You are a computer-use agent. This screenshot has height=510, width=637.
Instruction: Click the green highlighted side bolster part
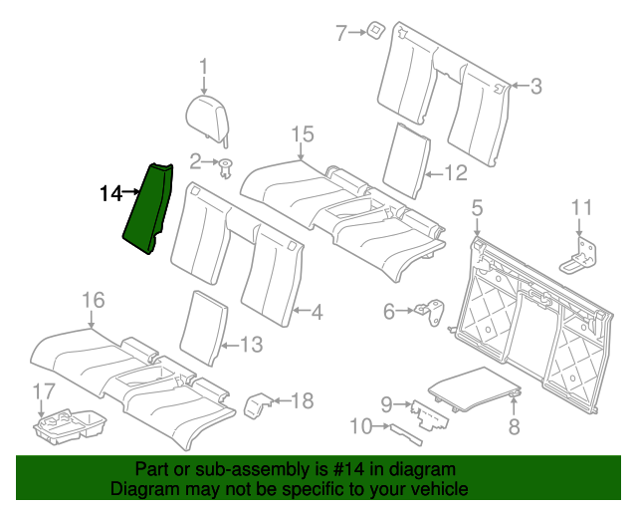147,209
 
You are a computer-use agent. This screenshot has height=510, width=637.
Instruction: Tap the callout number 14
109,192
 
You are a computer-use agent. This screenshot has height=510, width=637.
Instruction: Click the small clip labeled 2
225,165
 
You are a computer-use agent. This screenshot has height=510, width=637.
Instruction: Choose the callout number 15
302,133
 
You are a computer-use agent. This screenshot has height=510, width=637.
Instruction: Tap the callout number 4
317,313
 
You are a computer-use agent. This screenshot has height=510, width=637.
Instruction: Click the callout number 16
92,300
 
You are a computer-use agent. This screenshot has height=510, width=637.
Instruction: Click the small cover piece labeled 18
257,403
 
